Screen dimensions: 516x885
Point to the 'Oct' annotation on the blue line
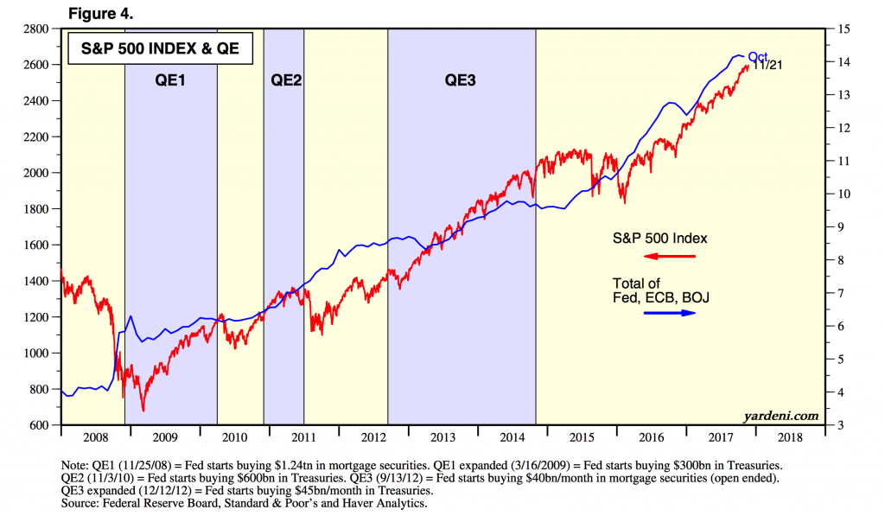click(758, 57)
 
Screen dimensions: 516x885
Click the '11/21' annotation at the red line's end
click(767, 66)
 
